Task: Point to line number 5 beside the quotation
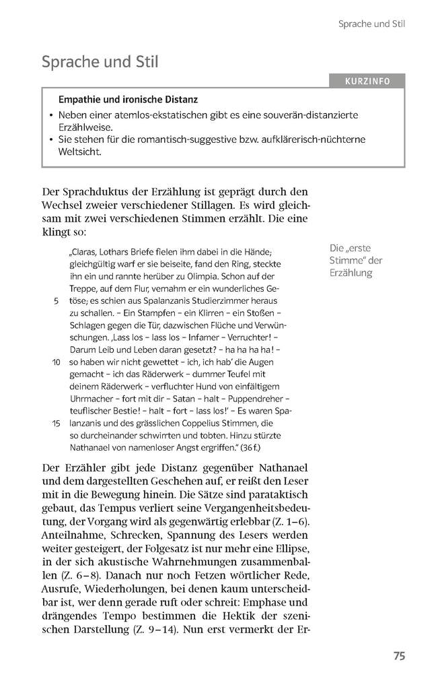pyautogui.click(x=56, y=301)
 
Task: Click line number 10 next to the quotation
pyautogui.click(x=57, y=362)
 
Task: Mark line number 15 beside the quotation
pyautogui.click(x=57, y=423)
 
